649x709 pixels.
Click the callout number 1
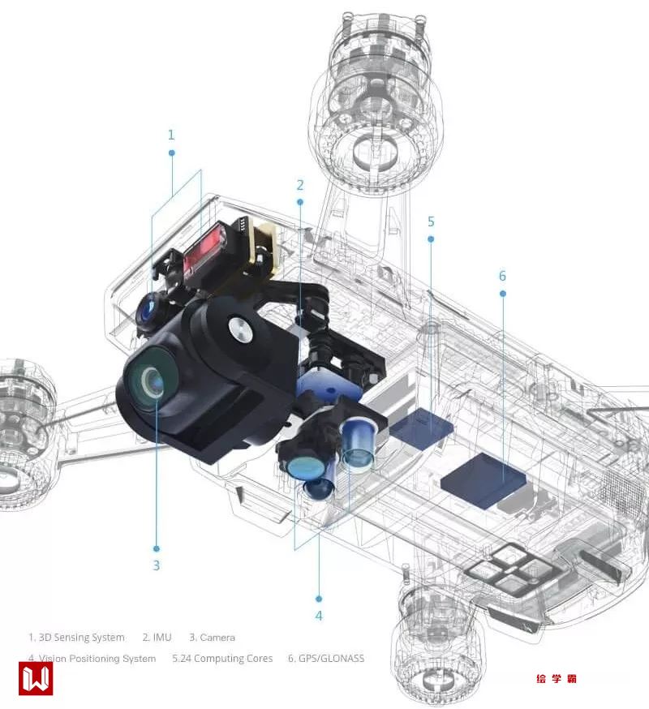coord(171,135)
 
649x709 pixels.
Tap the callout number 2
coord(300,185)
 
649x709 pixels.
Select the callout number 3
coord(156,565)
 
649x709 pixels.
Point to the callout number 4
coord(319,616)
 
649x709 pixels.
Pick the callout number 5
coord(431,221)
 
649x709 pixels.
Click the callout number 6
coord(502,276)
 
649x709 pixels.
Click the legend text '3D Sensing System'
coord(81,638)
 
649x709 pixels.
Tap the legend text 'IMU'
coord(162,638)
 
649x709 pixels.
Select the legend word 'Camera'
coord(217,638)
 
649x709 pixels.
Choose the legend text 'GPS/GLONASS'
coord(332,659)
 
